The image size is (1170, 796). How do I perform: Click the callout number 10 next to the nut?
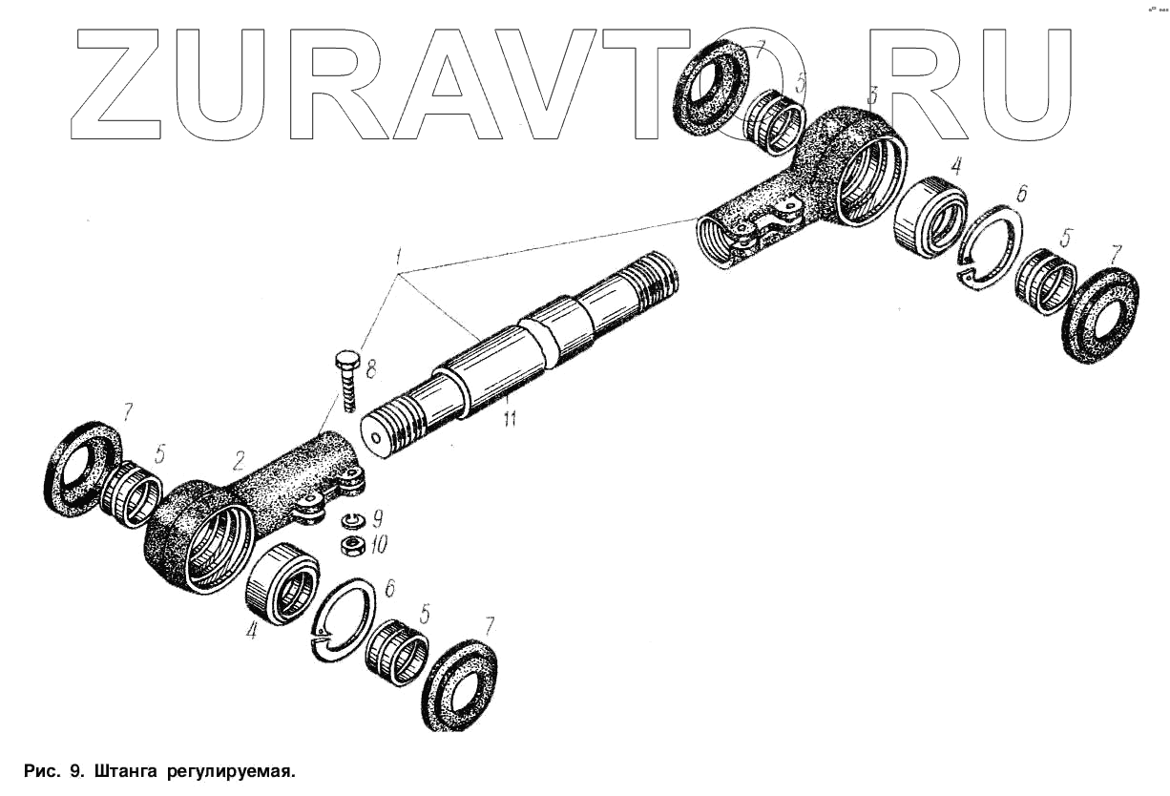click(380, 545)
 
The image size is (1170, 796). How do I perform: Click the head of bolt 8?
click(345, 361)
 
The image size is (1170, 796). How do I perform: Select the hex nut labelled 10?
click(352, 544)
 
